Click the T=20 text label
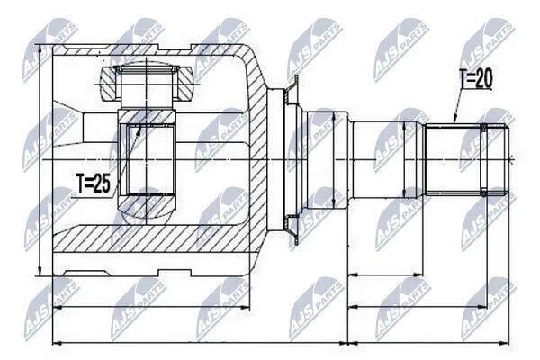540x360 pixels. point(476,78)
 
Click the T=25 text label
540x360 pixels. point(94,184)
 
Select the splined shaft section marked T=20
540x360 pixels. point(454,160)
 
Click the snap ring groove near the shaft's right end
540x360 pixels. point(484,160)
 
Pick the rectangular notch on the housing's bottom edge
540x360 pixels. point(175,273)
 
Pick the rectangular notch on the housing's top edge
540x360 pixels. point(175,47)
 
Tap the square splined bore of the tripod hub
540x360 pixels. point(147,160)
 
